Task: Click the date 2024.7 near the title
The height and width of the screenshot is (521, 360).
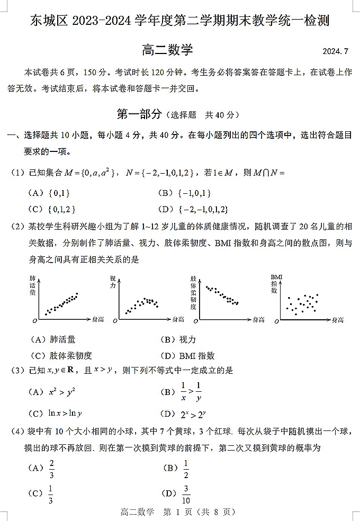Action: click(336, 51)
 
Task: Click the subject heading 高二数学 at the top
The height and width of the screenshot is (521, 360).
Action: click(167, 50)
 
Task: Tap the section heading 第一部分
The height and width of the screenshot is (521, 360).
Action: click(139, 114)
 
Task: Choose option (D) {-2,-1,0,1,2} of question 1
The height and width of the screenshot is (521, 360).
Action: click(203, 209)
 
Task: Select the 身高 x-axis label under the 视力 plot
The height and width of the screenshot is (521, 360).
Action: click(178, 319)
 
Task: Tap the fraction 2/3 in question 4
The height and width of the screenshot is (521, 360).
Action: click(52, 468)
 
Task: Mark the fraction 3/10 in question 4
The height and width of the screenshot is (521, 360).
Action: click(186, 495)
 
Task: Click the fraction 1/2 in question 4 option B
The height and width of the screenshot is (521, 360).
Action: click(186, 468)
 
